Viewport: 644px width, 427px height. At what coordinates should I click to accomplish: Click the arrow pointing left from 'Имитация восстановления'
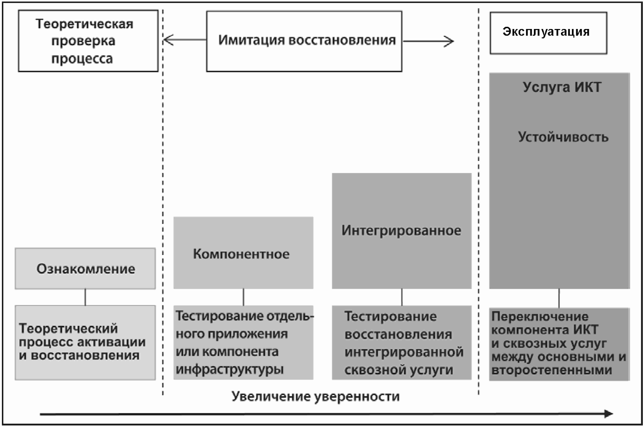click(x=185, y=40)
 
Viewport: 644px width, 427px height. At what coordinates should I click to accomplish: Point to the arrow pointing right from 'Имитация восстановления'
click(x=428, y=42)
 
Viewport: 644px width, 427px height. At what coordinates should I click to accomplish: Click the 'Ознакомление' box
click(x=85, y=269)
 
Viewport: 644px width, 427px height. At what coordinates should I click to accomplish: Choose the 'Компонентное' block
click(x=243, y=253)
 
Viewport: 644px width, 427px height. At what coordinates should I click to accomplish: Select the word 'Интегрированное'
click(x=402, y=231)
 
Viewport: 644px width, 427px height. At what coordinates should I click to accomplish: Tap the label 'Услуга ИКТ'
click(x=562, y=87)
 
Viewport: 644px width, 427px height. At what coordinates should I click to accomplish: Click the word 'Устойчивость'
click(x=563, y=137)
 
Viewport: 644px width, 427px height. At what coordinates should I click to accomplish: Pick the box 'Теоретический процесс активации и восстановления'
click(x=85, y=342)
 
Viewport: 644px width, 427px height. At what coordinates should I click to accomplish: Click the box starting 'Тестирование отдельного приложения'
click(x=243, y=342)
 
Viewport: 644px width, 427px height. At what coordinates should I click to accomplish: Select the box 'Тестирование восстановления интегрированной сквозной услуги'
click(x=402, y=342)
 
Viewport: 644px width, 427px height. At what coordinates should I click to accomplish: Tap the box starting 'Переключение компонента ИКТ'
click(x=559, y=344)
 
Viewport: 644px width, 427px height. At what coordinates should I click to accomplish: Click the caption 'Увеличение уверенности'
click(x=316, y=396)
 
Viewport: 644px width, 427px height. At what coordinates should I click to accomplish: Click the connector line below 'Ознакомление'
click(x=85, y=297)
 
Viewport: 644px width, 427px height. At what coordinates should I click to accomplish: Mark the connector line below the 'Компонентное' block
click(x=244, y=297)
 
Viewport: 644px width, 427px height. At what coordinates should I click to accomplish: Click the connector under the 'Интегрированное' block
click(x=402, y=297)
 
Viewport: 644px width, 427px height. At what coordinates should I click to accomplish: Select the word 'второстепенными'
click(x=552, y=370)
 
